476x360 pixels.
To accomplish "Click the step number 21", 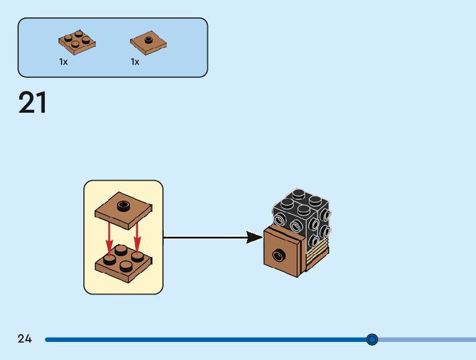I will pyautogui.click(x=33, y=103).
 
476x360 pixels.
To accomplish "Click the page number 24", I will pyautogui.click(x=25, y=339).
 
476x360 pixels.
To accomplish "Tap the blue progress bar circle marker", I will pyautogui.click(x=372, y=339).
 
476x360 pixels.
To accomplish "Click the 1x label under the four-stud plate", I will pyautogui.click(x=63, y=62).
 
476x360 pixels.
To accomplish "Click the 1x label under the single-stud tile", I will pyautogui.click(x=135, y=62).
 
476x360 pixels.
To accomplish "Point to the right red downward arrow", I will pyautogui.click(x=136, y=237).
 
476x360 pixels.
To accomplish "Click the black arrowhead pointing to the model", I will pyautogui.click(x=254, y=237).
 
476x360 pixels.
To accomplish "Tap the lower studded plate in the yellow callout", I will pyautogui.click(x=123, y=262).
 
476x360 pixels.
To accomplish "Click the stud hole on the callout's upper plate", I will pyautogui.click(x=123, y=203).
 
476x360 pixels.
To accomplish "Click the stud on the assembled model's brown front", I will pyautogui.click(x=280, y=253).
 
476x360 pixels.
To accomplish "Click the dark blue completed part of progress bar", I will pyautogui.click(x=205, y=339).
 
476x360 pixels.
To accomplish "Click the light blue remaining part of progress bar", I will pyautogui.click(x=429, y=339).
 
